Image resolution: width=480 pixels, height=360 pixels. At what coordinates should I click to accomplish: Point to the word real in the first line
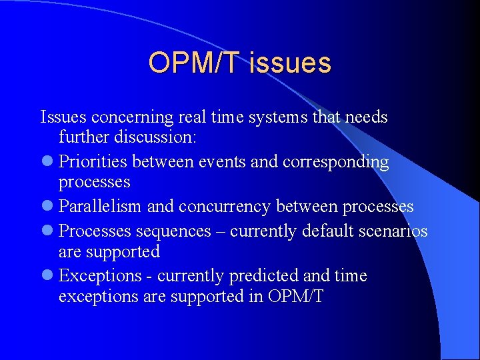click(x=192, y=117)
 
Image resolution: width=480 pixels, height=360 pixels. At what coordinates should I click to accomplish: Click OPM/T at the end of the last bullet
click(x=297, y=297)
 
